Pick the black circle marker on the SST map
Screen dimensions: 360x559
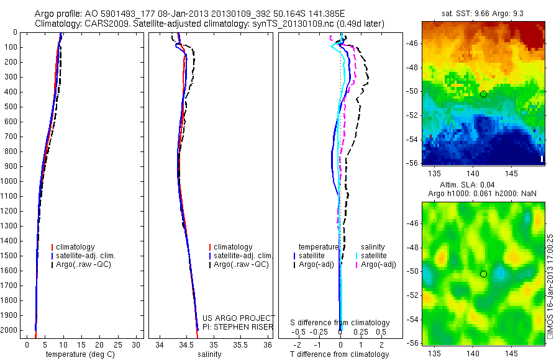[x=483, y=94]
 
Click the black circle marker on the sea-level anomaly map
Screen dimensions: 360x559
[x=483, y=274]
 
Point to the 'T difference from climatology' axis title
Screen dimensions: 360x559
[x=340, y=354]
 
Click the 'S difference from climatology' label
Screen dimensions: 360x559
[x=340, y=323]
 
